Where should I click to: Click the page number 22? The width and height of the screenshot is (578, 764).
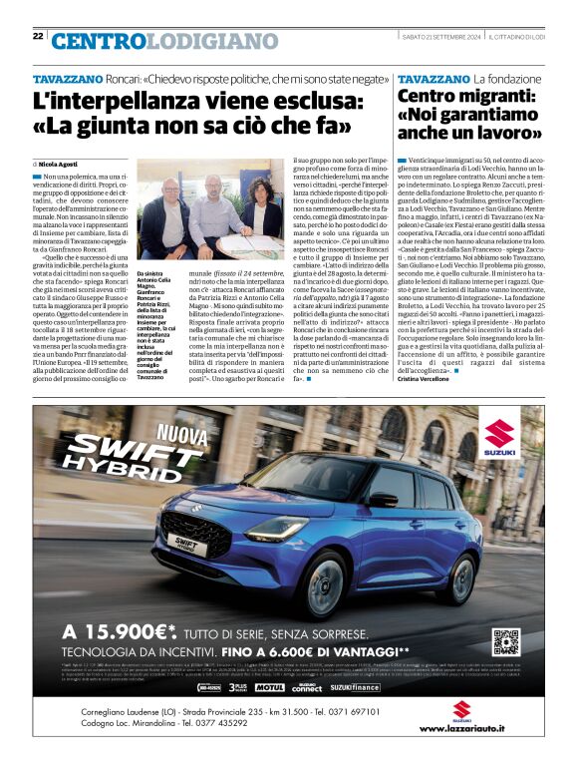[38, 36]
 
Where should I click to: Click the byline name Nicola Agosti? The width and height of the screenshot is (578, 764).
[59, 163]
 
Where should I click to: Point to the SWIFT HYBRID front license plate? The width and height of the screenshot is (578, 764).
[168, 548]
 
